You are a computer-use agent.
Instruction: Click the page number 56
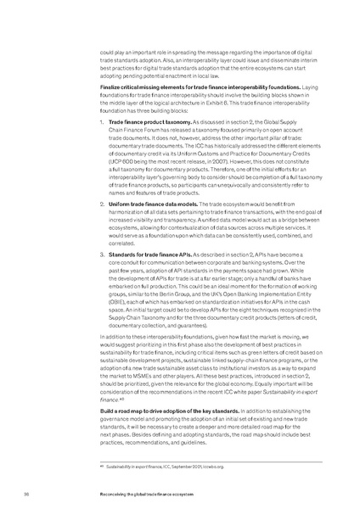click(x=28, y=490)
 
